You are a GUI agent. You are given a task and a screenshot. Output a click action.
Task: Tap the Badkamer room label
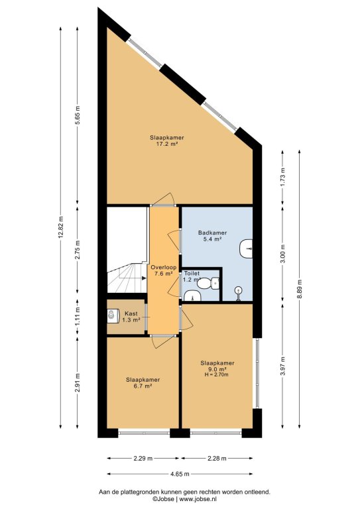(212, 233)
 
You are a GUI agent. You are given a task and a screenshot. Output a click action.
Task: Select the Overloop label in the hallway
(164, 268)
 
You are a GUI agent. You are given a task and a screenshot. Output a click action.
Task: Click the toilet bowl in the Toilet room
(204, 283)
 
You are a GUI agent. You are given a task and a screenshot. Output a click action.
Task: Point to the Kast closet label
(131, 313)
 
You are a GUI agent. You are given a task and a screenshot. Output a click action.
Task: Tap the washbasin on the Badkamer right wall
(246, 249)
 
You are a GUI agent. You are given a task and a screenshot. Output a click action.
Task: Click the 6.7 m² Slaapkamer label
(143, 382)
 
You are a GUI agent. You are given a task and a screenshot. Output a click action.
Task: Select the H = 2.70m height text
(217, 374)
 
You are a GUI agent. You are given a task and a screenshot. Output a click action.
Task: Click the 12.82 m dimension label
(60, 227)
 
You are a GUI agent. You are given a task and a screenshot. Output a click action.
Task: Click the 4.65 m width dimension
(180, 474)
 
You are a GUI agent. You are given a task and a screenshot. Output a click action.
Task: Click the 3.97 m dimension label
(282, 366)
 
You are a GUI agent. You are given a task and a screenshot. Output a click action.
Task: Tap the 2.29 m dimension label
(143, 459)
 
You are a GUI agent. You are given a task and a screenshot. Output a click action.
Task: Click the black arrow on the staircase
(143, 278)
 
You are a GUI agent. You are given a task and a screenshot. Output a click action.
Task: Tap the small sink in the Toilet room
(192, 296)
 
